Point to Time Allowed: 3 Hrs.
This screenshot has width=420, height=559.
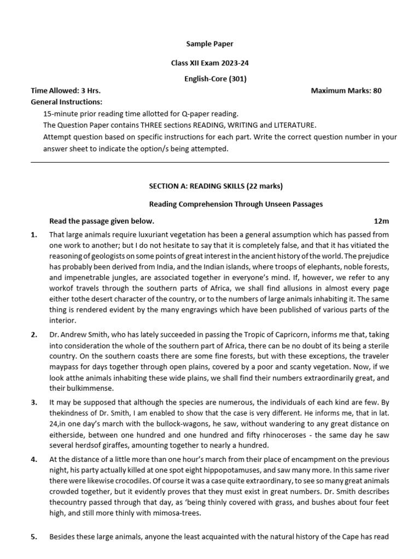pyautogui.click(x=66, y=91)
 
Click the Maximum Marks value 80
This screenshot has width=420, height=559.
pyautogui.click(x=377, y=91)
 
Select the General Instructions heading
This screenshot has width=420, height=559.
pyautogui.click(x=66, y=102)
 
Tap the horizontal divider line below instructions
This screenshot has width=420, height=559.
pyautogui.click(x=210, y=162)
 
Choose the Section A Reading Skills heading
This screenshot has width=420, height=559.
pyautogui.click(x=215, y=186)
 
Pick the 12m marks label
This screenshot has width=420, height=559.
pyautogui.click(x=381, y=221)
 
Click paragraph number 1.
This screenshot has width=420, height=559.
pyautogui.click(x=34, y=235)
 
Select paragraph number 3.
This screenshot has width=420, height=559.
pyautogui.click(x=34, y=402)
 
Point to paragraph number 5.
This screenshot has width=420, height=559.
pyautogui.click(x=34, y=537)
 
